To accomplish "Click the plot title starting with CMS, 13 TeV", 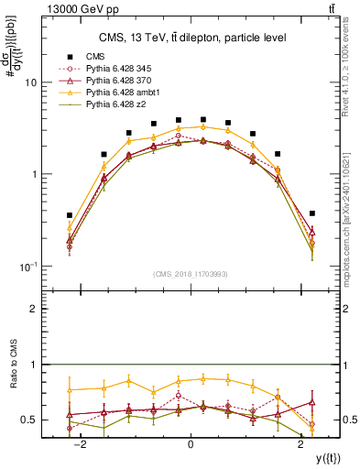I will [x=192, y=38].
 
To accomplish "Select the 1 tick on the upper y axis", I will [x=33, y=174].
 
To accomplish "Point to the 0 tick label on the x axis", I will [x=191, y=445].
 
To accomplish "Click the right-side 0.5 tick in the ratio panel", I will [x=352, y=420].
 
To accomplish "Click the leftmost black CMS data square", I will [x=70, y=215].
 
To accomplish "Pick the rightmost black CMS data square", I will [x=311, y=213].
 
